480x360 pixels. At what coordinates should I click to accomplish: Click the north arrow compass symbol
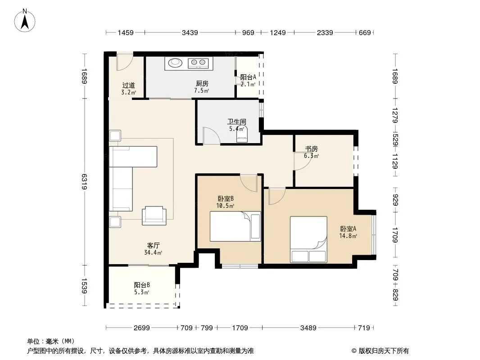[x=25, y=20]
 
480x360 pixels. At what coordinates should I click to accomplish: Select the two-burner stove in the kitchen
[x=198, y=63]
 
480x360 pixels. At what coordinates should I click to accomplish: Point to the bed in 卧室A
[x=308, y=239]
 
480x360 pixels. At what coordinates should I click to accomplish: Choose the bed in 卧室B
[x=235, y=226]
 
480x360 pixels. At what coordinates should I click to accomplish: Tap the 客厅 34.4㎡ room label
[x=153, y=249]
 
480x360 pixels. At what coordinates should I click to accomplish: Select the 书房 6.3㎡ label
[x=311, y=152]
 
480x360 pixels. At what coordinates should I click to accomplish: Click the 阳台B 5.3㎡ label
[x=142, y=288]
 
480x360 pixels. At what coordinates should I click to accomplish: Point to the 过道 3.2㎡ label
[x=129, y=89]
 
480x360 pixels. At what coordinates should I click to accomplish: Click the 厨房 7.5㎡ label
[x=202, y=87]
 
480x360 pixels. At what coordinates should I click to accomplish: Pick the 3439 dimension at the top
[x=190, y=32]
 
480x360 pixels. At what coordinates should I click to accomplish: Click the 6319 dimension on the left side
[x=85, y=181]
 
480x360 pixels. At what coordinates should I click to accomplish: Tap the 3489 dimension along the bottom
[x=308, y=328]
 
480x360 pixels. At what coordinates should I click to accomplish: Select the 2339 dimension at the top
[x=325, y=32]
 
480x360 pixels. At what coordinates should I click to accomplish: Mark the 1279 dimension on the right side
[x=395, y=115]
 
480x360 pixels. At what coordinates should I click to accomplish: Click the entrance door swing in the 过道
[x=124, y=63]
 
